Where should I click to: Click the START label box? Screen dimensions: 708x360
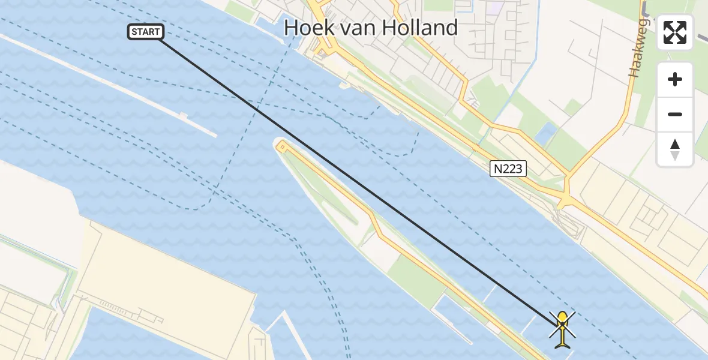146,32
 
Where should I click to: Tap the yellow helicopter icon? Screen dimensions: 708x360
562,329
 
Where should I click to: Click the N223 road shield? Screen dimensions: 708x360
508,170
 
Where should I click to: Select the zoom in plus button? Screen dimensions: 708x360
675,79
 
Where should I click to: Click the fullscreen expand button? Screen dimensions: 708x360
675,32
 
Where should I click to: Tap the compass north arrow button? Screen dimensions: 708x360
675,149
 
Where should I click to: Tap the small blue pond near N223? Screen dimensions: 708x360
547,134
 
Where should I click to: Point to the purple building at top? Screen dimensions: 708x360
496,8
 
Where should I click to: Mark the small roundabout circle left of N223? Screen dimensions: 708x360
475,147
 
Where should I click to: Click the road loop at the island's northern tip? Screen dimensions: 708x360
281,146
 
